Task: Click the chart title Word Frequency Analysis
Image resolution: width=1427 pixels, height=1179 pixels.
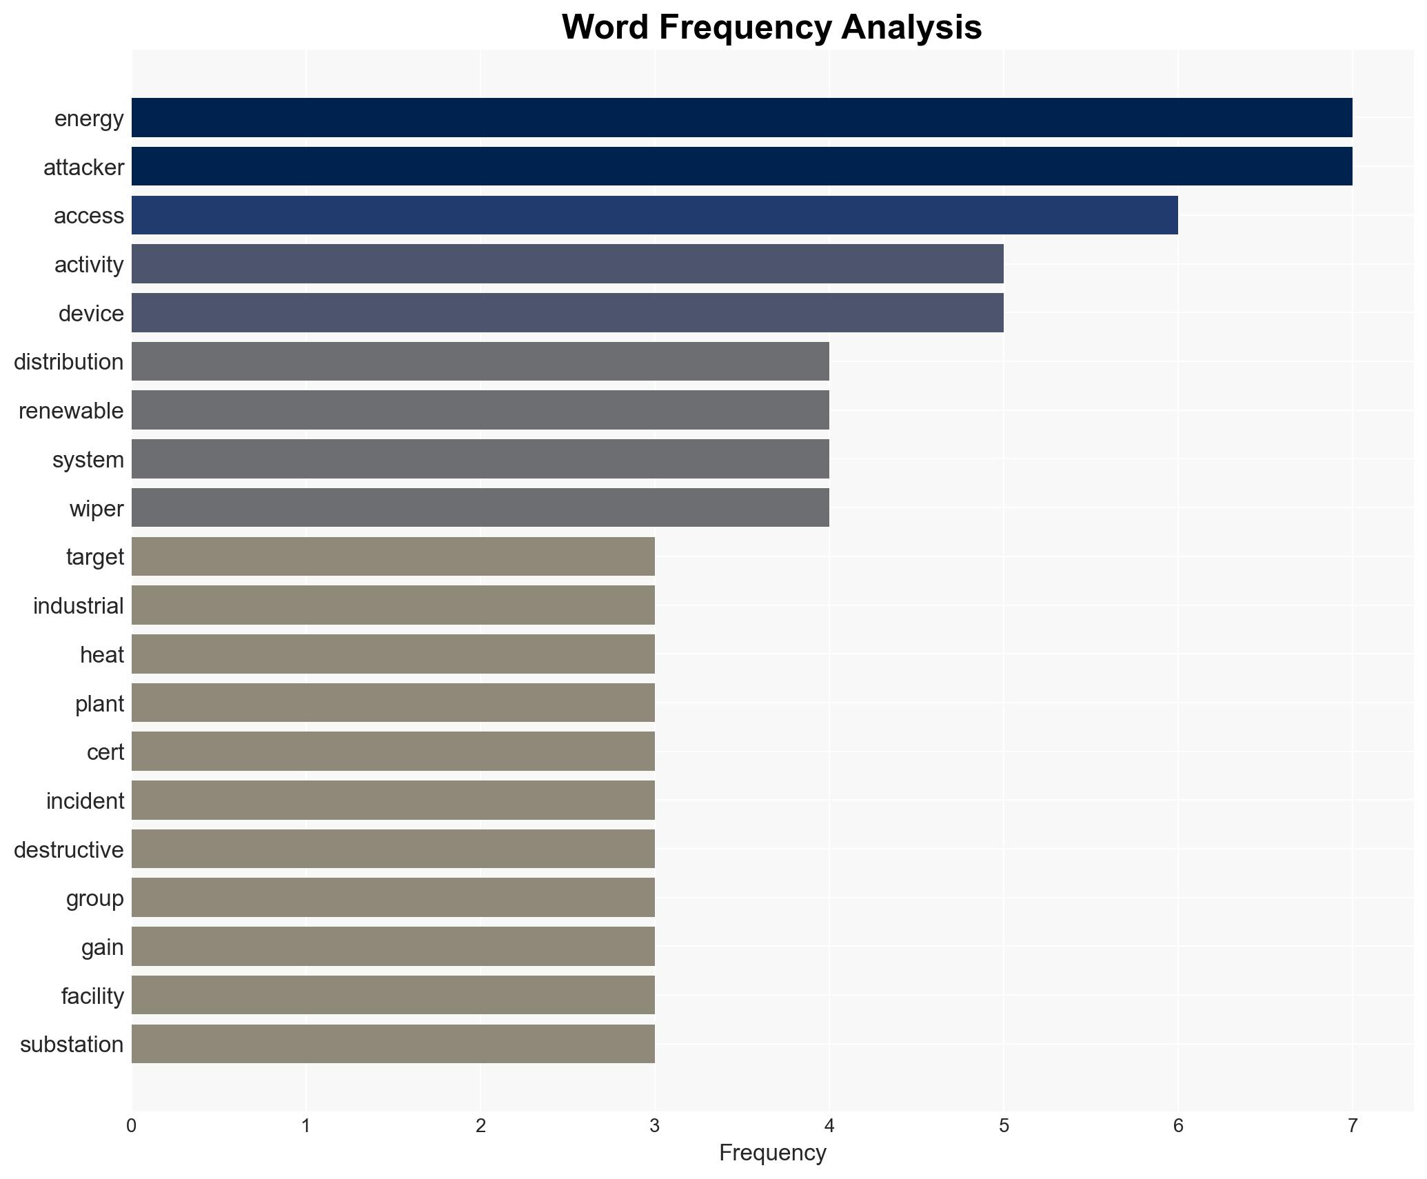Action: pyautogui.click(x=771, y=28)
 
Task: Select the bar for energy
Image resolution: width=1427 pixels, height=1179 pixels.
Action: pyautogui.click(x=742, y=118)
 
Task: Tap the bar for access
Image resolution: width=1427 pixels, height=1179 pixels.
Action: pyautogui.click(x=654, y=215)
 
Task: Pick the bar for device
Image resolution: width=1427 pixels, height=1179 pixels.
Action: pyautogui.click(x=567, y=313)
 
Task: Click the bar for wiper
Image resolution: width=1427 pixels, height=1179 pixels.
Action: pyautogui.click(x=480, y=508)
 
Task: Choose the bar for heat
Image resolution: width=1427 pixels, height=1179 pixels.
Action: pyautogui.click(x=393, y=654)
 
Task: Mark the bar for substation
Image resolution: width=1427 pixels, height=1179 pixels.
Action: pyautogui.click(x=393, y=1044)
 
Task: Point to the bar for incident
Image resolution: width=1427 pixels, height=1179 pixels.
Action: pyautogui.click(x=393, y=800)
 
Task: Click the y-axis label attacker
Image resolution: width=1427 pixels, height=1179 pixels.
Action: pyautogui.click(x=83, y=168)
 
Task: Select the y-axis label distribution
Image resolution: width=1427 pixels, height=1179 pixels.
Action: pyautogui.click(x=68, y=362)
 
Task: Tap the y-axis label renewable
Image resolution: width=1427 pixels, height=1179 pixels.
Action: pyautogui.click(x=71, y=411)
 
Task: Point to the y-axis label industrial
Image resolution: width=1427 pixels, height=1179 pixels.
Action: pyautogui.click(x=78, y=606)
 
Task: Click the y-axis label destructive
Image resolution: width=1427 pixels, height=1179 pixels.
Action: pyautogui.click(x=68, y=849)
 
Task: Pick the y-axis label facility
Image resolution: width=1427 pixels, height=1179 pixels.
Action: pyautogui.click(x=92, y=996)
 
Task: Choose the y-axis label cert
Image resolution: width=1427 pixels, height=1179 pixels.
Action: pyautogui.click(x=105, y=752)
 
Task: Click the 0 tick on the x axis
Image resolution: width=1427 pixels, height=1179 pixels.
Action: pyautogui.click(x=132, y=1126)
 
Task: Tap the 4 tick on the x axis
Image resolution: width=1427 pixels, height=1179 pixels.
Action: pyautogui.click(x=829, y=1126)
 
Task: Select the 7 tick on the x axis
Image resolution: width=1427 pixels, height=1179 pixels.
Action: pyautogui.click(x=1352, y=1126)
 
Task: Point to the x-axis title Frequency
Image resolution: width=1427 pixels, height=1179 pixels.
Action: pyautogui.click(x=772, y=1153)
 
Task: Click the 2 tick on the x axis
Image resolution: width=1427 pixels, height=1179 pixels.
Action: pyautogui.click(x=480, y=1126)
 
